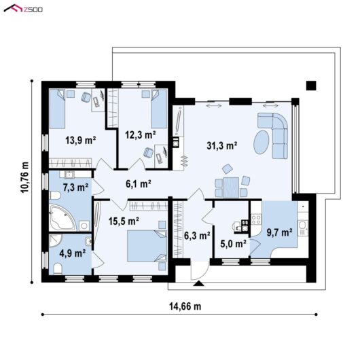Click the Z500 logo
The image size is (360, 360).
[x=23, y=9]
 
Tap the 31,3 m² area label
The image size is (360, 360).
[x=222, y=145]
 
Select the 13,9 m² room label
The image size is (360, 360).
[x=80, y=140]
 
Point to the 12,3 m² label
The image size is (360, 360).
[x=141, y=134]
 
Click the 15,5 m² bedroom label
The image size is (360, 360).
[x=124, y=221]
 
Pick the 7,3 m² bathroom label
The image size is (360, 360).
[x=75, y=187]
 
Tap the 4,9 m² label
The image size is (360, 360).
[x=73, y=253]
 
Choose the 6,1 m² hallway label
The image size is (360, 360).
[x=138, y=183]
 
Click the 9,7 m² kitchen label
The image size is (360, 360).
[x=279, y=232]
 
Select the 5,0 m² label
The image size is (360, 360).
[x=234, y=244]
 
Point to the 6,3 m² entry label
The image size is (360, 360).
[x=197, y=235]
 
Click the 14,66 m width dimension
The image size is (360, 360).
[x=185, y=306]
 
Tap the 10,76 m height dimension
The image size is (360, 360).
[x=25, y=177]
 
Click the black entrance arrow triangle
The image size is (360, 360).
[x=198, y=283]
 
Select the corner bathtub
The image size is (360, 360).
[x=62, y=217]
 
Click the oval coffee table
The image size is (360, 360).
[x=262, y=142]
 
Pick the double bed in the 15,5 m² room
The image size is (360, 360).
[x=147, y=246]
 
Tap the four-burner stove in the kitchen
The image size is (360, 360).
[x=256, y=219]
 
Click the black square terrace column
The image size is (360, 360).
[x=311, y=86]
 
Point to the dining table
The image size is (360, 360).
[x=231, y=187]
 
